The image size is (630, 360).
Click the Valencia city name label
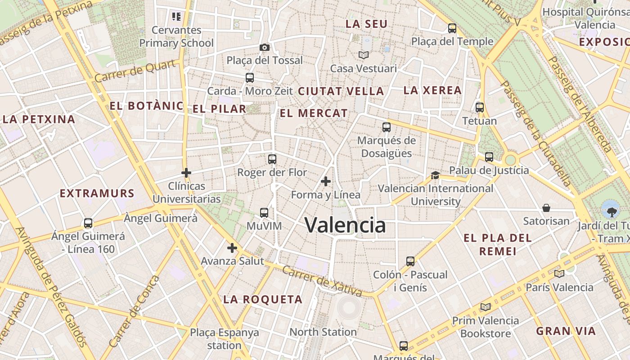coord(345,225)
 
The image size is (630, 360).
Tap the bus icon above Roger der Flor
coord(272,159)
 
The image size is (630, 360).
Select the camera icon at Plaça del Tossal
coord(265,47)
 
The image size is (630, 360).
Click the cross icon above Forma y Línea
coord(326,181)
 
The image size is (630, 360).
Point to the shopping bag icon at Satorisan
coord(546,207)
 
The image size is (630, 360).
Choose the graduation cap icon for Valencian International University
coord(435,175)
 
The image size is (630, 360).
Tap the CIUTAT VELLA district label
coord(341,91)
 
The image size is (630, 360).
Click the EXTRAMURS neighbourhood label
coord(97,193)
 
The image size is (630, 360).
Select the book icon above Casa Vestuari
coord(364,55)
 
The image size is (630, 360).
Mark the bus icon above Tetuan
coord(480,108)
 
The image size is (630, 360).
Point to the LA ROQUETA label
coord(263,299)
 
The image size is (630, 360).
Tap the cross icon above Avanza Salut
coord(232,248)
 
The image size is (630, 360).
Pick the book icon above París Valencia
coord(559,274)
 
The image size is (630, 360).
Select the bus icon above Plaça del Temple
coord(452,28)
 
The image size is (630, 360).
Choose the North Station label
coord(323,332)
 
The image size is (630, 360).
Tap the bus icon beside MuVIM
coord(264,212)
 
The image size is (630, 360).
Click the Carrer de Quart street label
coord(135,71)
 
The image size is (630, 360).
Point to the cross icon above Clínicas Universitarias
coord(186,173)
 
